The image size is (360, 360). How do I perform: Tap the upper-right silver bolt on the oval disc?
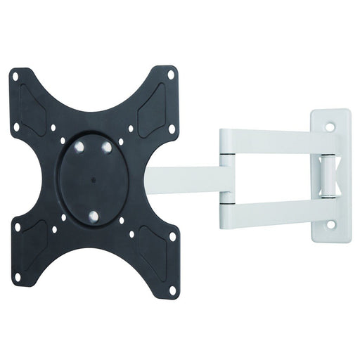point(107,146)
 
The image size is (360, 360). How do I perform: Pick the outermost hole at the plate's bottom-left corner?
point(16,276)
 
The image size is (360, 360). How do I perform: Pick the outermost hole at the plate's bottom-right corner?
point(172,289)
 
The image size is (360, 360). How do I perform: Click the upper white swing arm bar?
point(278,141)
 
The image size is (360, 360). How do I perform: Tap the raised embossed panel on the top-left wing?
point(35,102)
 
